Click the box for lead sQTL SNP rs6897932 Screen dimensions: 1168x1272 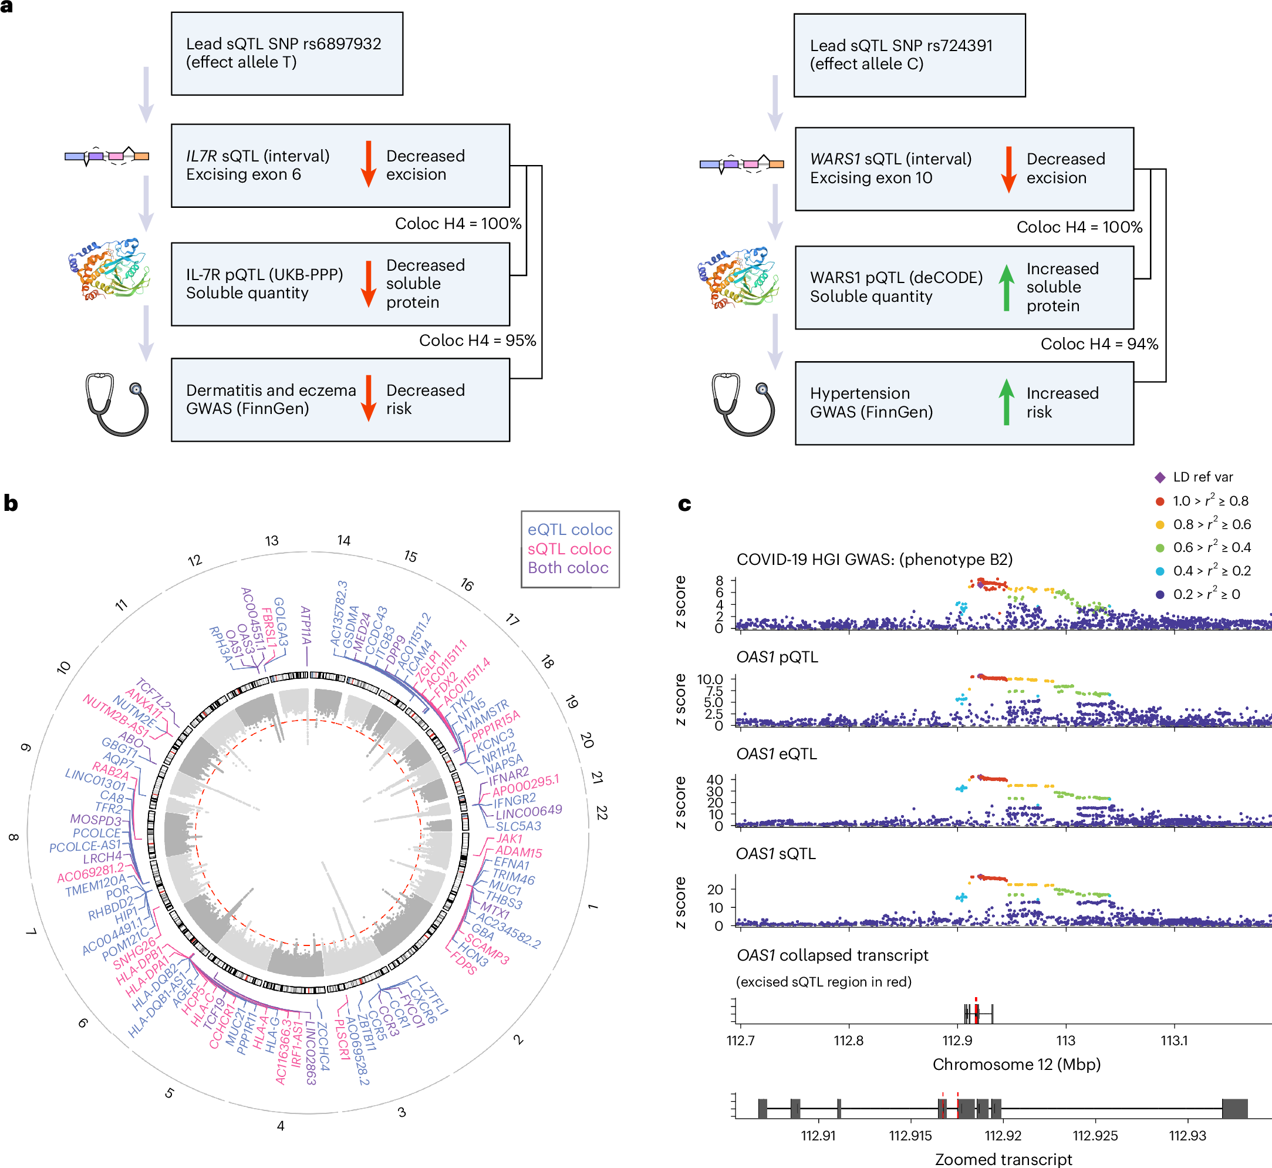coord(287,53)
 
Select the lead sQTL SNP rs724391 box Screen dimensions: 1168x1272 coord(909,55)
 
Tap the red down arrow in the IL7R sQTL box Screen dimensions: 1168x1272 coord(369,164)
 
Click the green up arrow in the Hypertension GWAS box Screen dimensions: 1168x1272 coord(1006,402)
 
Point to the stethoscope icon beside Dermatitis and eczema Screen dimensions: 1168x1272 coord(117,403)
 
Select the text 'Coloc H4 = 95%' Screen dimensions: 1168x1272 coord(477,341)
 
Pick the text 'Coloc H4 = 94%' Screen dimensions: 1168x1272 coord(1099,344)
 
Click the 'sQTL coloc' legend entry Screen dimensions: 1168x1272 coord(569,548)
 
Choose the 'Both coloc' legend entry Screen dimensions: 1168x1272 coord(568,568)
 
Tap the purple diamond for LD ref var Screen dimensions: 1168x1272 coord(1159,477)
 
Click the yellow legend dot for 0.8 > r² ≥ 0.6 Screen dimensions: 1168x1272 coord(1159,524)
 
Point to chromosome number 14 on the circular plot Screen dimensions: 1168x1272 coord(343,540)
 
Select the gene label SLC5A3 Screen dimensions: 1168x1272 coord(518,826)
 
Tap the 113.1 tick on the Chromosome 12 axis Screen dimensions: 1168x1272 coord(1174,1041)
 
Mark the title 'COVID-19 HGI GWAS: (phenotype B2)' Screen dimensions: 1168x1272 coord(875,560)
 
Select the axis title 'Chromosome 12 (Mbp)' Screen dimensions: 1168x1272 coord(1016,1064)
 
